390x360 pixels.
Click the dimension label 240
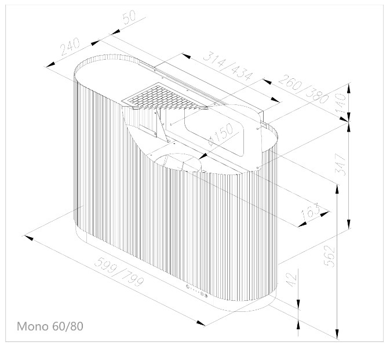coord(70,46)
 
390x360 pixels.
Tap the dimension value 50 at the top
coord(129,17)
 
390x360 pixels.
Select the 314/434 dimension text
coord(228,67)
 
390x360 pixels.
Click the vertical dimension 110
coord(341,103)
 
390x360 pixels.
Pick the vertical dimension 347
coord(341,165)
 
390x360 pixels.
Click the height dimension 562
coord(330,256)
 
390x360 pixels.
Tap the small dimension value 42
coord(292,280)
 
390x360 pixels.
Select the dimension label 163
coord(310,212)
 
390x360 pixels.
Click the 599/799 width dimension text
coord(119,272)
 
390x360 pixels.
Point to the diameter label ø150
coord(221,134)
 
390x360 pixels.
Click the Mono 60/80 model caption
coord(50,326)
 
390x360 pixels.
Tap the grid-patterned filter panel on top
coord(165,97)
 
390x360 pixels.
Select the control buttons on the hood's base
coord(197,291)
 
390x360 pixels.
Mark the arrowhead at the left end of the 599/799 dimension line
coord(28,237)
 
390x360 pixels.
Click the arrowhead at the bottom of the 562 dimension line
coord(337,334)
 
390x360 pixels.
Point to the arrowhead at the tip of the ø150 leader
coord(203,157)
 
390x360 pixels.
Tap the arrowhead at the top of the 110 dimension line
coord(349,88)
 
